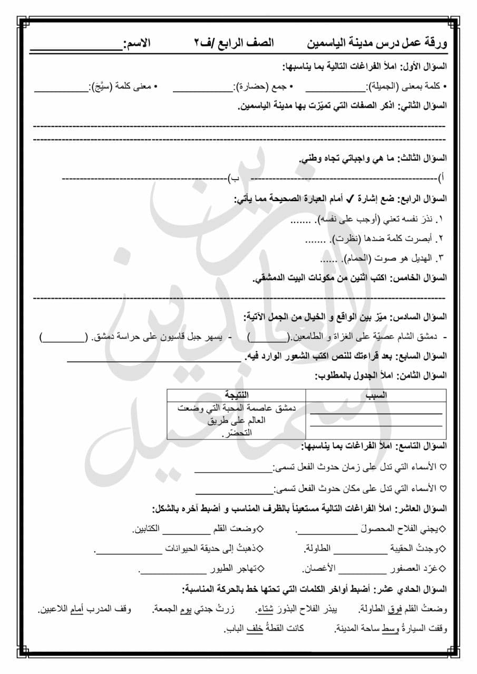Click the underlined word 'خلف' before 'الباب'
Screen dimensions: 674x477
coord(255,628)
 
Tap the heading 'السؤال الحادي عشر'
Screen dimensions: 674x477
coord(416,589)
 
